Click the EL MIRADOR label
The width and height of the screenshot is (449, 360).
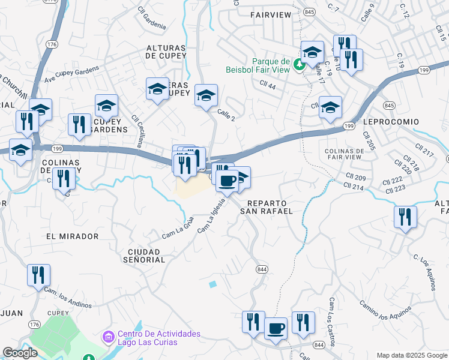72,236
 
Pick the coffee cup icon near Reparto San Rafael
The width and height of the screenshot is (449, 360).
227,180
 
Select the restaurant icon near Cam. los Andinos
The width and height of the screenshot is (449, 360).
38,275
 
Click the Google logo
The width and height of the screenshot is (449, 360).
20,353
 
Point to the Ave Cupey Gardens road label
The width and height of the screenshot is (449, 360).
73,71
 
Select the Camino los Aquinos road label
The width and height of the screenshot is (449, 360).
385,311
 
